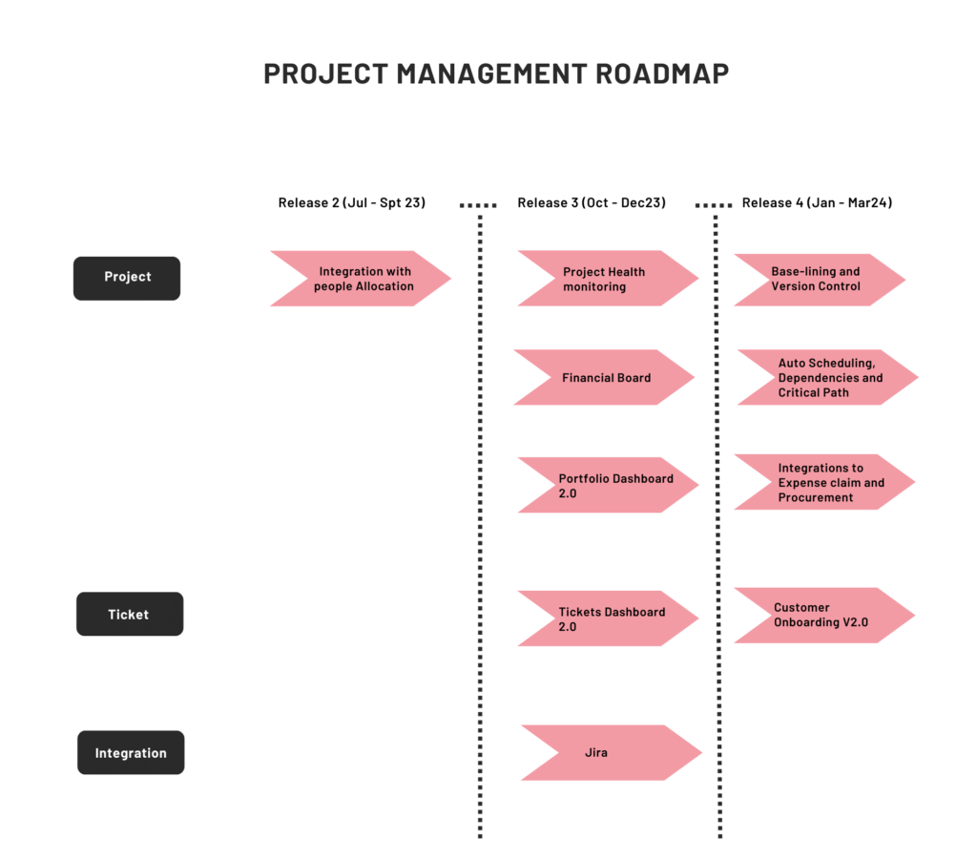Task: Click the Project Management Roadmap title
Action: click(496, 73)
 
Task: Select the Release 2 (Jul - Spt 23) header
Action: click(352, 202)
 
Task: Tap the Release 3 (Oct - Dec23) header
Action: click(592, 202)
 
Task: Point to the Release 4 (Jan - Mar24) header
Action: click(817, 202)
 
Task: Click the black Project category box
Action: click(127, 278)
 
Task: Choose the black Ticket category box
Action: click(129, 614)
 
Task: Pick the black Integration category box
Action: click(131, 753)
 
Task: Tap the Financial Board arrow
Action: click(604, 378)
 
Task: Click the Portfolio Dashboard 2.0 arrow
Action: click(608, 486)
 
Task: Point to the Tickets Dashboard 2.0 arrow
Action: click(608, 619)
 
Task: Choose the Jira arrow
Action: click(611, 753)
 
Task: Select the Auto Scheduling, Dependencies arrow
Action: click(826, 378)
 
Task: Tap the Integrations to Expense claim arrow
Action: click(823, 483)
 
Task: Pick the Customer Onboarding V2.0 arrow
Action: click(822, 616)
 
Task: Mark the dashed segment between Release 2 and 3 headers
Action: click(477, 204)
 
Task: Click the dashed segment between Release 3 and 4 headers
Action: click(714, 204)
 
